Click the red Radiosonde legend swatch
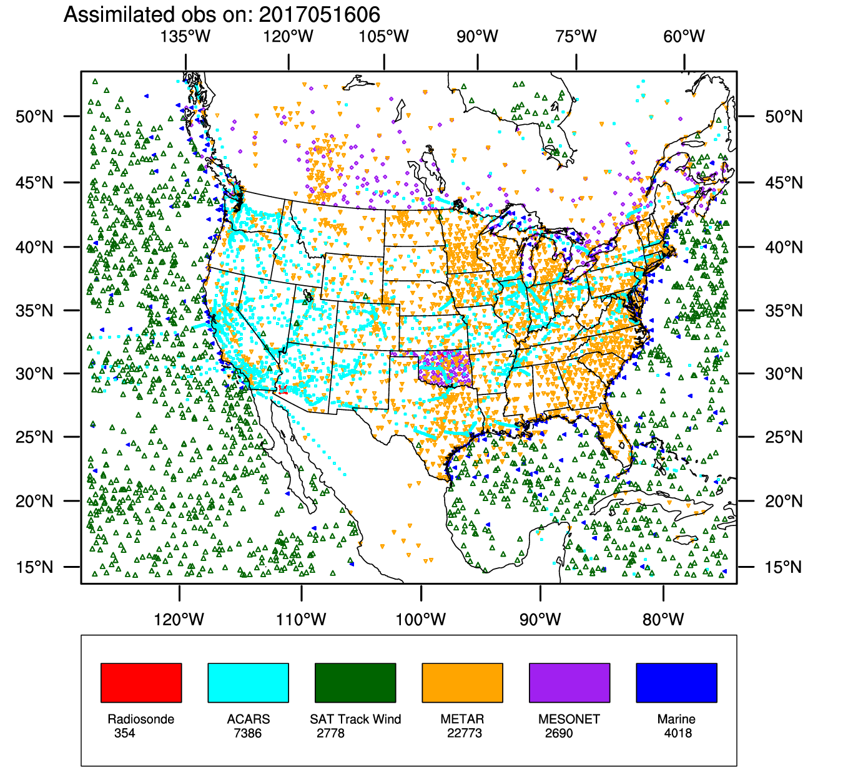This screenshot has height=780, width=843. [x=141, y=683]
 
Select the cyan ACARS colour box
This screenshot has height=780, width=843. [x=248, y=683]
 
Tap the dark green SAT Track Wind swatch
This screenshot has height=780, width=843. [x=355, y=683]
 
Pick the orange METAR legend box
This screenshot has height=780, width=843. [x=462, y=683]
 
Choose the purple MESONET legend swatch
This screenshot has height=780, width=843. [x=569, y=683]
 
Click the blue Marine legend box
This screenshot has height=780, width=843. [x=676, y=683]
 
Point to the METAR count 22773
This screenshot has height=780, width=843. [x=464, y=733]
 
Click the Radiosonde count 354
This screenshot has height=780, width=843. [x=124, y=733]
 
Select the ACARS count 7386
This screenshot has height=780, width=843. [x=247, y=733]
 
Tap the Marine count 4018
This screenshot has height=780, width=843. [x=678, y=733]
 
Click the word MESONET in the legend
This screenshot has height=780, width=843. [x=569, y=719]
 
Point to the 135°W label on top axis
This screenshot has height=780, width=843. [x=185, y=36]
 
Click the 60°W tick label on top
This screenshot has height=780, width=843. [x=684, y=36]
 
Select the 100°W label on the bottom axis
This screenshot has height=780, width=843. [x=421, y=620]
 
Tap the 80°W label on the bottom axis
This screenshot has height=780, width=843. [x=663, y=620]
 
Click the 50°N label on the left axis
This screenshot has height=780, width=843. [x=34, y=117]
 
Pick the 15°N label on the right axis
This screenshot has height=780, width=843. [x=784, y=567]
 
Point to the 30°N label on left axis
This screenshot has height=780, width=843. [x=34, y=374]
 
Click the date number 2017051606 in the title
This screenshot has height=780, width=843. [x=319, y=14]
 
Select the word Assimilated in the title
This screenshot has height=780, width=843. [x=117, y=14]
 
